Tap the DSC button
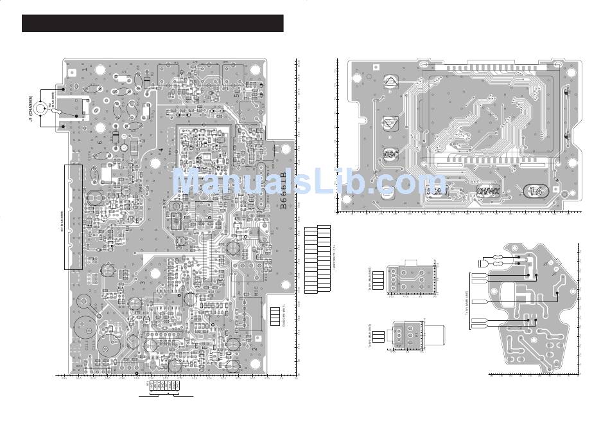click(x=390, y=155)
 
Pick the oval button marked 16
click(x=536, y=191)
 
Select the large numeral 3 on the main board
click(x=142, y=283)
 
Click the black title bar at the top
click(x=153, y=23)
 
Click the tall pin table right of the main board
click(x=317, y=259)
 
